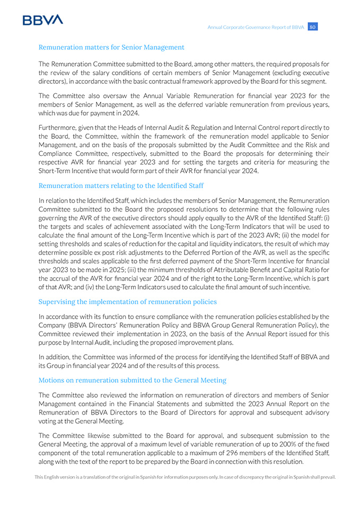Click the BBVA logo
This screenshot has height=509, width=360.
point(43,20)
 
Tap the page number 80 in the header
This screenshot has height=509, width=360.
point(313,27)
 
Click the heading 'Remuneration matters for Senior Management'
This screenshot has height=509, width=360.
point(111,47)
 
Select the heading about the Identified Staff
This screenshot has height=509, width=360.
point(121,186)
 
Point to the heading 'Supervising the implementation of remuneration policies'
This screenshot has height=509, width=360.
point(127,302)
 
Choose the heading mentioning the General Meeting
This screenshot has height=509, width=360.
point(132,380)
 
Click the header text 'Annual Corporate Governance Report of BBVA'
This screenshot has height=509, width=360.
point(256,27)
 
